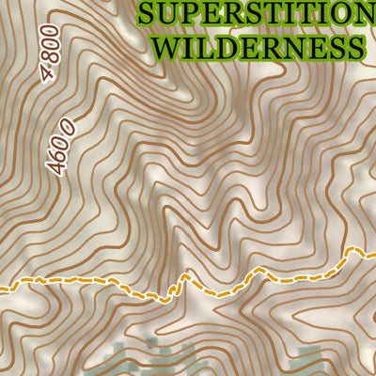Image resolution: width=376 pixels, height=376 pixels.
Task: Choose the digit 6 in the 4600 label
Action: click(x=57, y=149)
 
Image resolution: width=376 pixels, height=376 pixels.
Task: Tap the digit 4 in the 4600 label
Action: click(x=53, y=166)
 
